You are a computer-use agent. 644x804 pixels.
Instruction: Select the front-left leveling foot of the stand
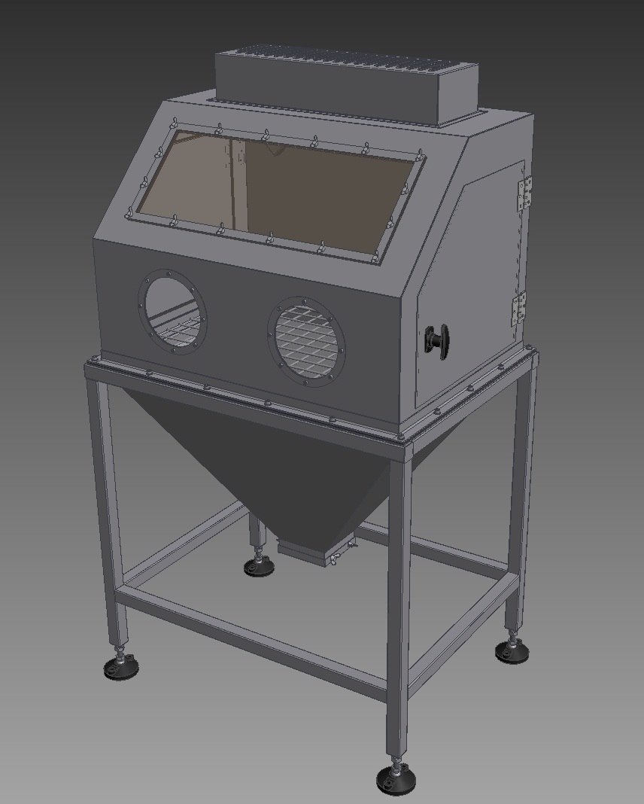click(x=120, y=665)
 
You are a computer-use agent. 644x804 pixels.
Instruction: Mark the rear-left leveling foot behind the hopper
click(x=259, y=565)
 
